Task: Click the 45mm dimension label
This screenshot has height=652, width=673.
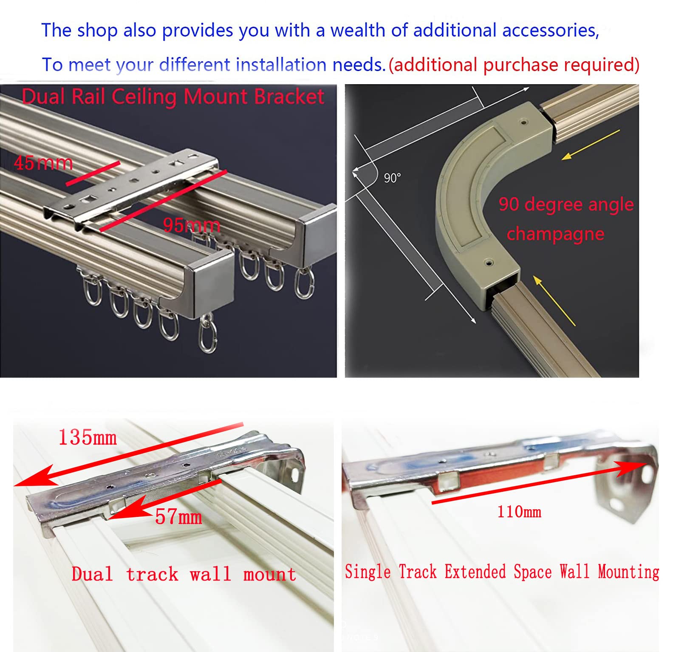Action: click(x=43, y=163)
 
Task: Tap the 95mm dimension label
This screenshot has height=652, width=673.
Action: click(x=192, y=225)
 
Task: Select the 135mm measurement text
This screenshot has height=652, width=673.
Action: click(x=88, y=437)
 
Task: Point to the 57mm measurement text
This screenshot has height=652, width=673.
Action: click(x=178, y=517)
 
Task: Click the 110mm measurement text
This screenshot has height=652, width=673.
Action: click(x=519, y=511)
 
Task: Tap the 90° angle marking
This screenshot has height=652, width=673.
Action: click(x=392, y=178)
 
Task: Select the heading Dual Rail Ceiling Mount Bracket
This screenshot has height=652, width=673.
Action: click(x=173, y=96)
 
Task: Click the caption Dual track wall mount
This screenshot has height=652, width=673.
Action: click(x=184, y=574)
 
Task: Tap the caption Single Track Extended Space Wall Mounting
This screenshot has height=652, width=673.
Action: click(x=502, y=572)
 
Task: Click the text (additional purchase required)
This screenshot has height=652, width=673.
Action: click(x=514, y=65)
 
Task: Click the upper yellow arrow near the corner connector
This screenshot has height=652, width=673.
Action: click(x=591, y=145)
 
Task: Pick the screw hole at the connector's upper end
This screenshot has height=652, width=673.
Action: click(x=524, y=122)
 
